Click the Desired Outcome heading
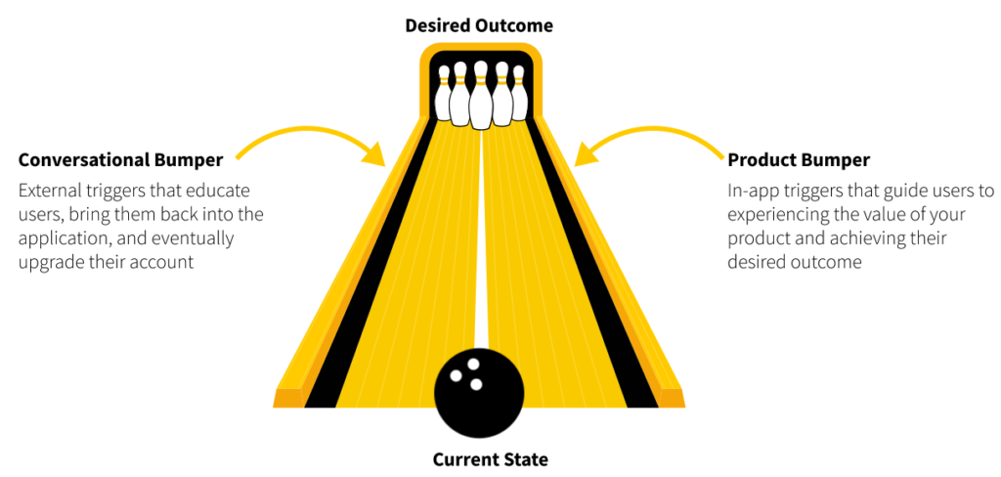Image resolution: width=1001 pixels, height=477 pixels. click(x=479, y=25)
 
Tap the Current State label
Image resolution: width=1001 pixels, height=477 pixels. click(x=491, y=458)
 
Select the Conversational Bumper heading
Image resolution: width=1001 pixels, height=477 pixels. click(x=120, y=159)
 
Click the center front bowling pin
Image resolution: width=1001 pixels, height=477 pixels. click(x=480, y=98)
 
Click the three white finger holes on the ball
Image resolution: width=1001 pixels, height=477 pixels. click(x=468, y=372)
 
